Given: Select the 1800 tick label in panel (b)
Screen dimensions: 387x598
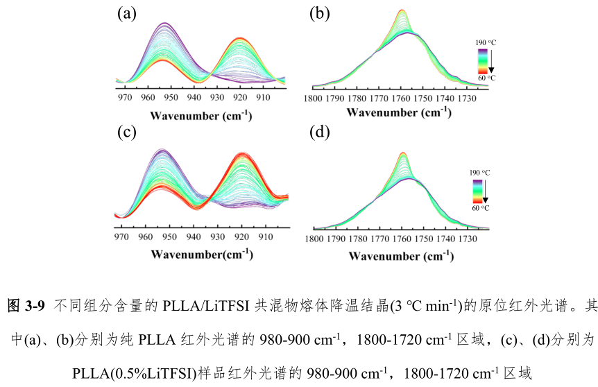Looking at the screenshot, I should click(x=314, y=98).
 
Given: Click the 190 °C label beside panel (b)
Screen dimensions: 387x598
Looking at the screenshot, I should click(x=486, y=43).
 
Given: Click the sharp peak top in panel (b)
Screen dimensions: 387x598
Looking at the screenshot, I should click(x=402, y=11).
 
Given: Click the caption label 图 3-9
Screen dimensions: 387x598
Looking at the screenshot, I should click(x=26, y=305).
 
